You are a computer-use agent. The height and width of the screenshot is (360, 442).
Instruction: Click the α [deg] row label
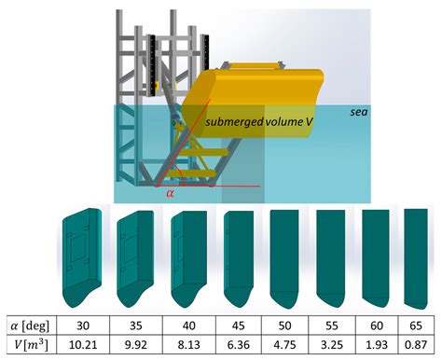27,326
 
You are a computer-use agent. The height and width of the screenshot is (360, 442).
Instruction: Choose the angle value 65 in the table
418,326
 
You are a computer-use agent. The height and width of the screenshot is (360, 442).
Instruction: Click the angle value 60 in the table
376,326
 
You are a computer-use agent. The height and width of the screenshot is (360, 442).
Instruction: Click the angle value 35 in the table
136,326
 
